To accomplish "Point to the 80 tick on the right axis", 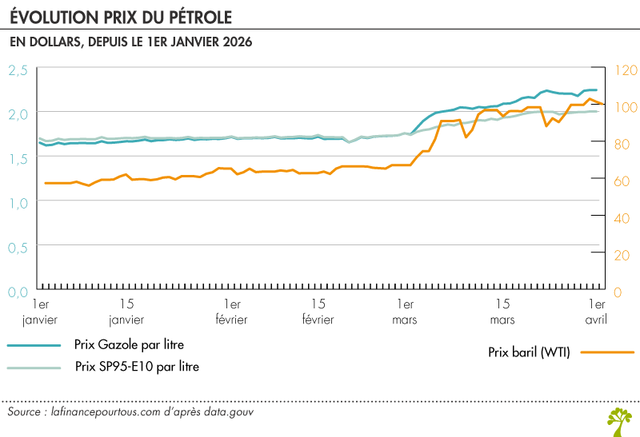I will (x=622, y=144).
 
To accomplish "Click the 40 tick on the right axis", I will (x=622, y=218).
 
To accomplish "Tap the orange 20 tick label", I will (x=622, y=255).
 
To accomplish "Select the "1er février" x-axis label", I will (x=232, y=312).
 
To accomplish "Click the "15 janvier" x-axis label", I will (x=126, y=312).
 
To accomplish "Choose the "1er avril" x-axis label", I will (x=592, y=312).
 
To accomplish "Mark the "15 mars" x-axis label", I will (x=502, y=312).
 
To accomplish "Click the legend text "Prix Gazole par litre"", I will (x=129, y=345).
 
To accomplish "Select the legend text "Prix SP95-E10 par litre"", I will (x=137, y=367).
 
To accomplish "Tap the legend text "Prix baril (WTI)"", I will (x=528, y=352).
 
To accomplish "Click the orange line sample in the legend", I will (x=606, y=352).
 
